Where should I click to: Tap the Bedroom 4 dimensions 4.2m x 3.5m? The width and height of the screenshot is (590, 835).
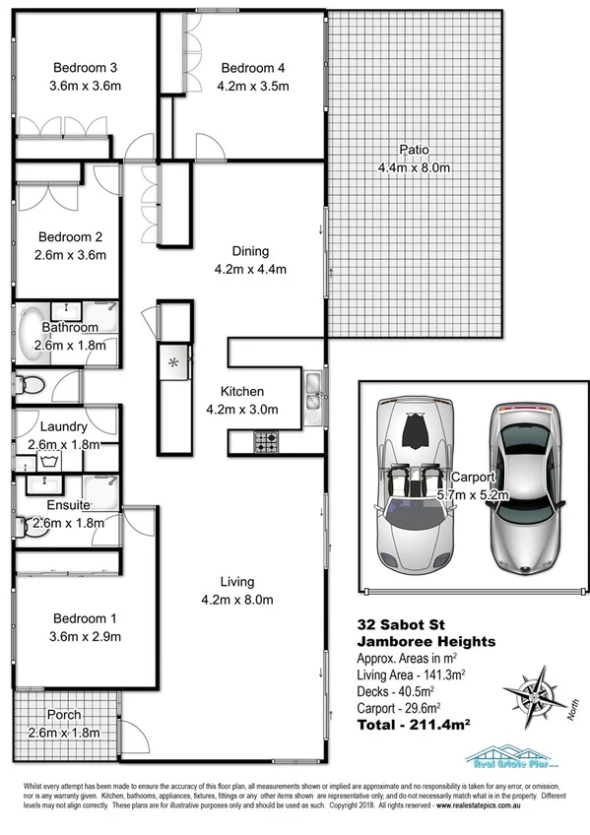coord(253,85)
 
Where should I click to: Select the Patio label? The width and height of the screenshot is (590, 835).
coord(414,150)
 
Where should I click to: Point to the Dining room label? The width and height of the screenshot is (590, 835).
coord(249,251)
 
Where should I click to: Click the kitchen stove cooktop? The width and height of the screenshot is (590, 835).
coord(267,442)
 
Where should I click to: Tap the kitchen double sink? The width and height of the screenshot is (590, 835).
coord(312,390)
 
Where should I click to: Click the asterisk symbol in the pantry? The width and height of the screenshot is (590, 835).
coord(174,363)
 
